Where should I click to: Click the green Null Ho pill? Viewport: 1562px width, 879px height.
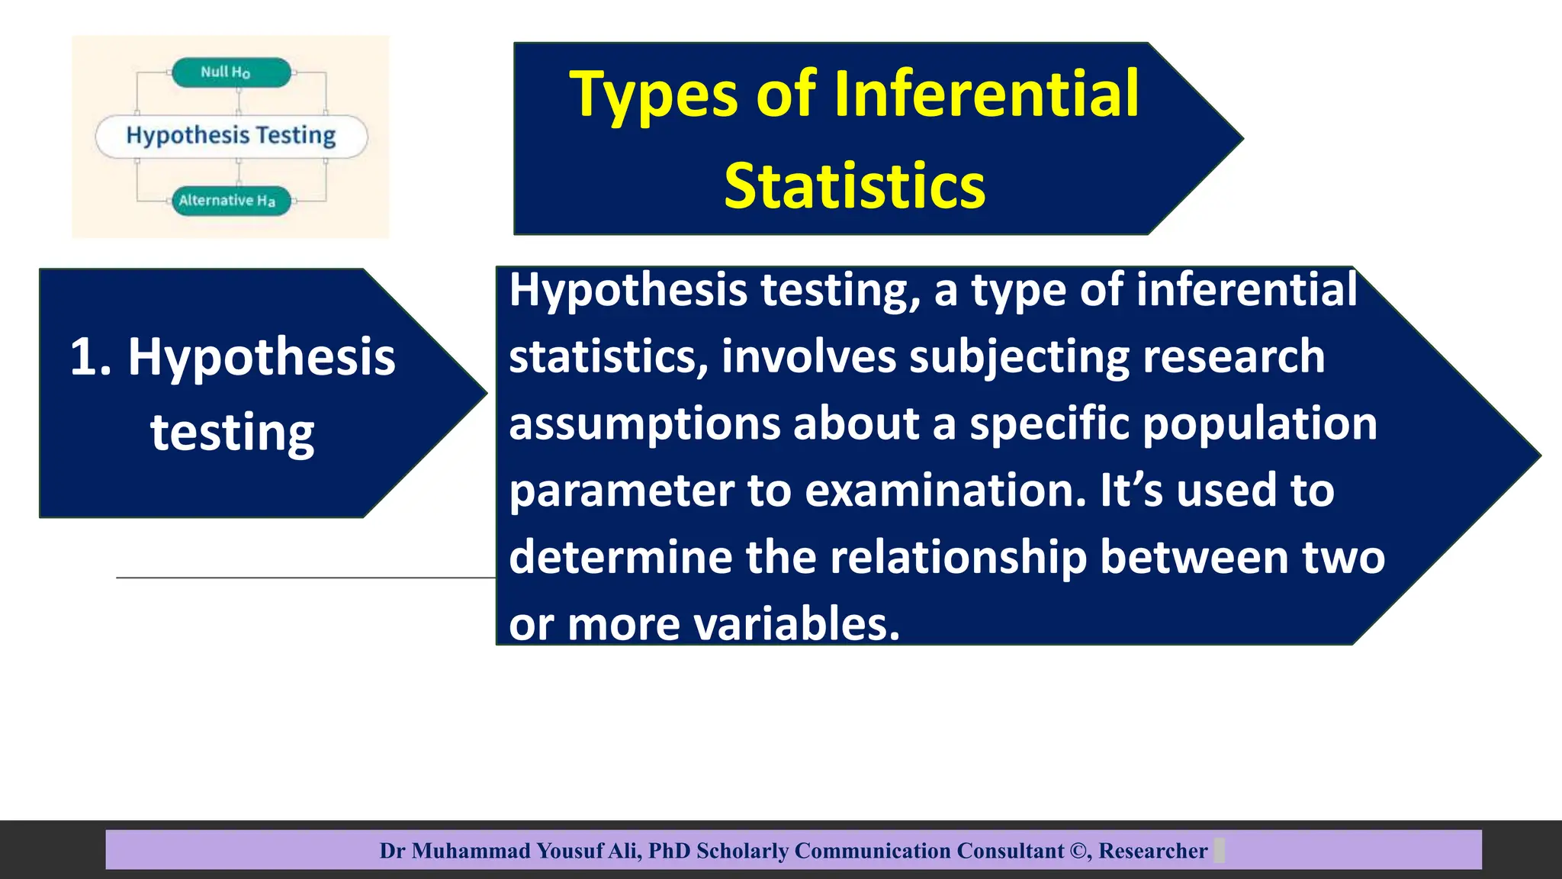coord(231,72)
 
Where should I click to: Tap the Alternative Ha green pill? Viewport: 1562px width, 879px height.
coord(231,201)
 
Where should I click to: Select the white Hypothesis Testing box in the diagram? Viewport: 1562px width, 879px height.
coord(231,136)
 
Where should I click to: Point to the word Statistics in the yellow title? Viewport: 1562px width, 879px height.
coord(854,187)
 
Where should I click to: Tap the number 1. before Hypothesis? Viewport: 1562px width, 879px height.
coord(90,356)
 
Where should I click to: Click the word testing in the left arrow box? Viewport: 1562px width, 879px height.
coord(232,433)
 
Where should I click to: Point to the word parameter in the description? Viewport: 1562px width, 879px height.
coord(621,491)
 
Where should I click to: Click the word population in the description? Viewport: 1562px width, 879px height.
coord(1259,424)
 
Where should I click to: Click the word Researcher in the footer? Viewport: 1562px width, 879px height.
coord(1152,851)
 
